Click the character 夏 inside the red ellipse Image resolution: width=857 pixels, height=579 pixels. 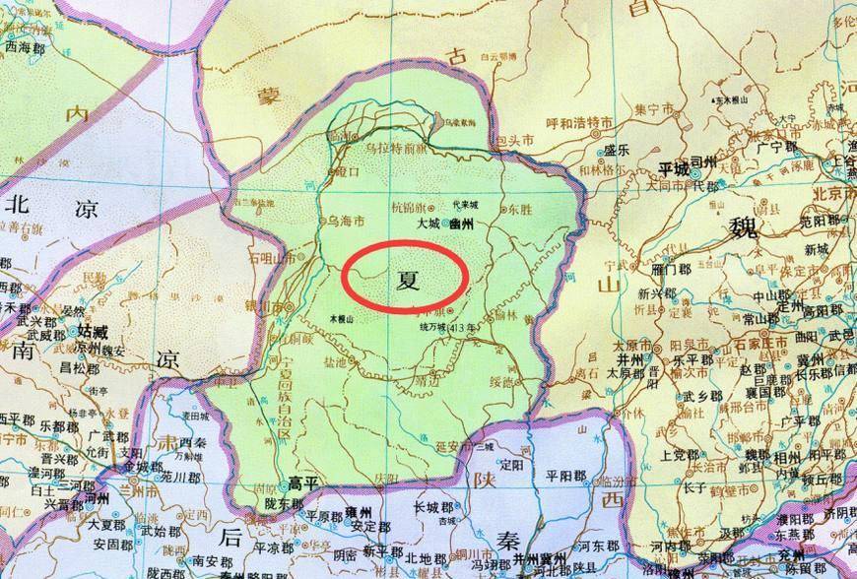tap(406, 278)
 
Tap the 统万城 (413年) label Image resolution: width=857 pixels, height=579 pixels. tap(448, 328)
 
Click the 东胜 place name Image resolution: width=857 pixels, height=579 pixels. tap(516, 210)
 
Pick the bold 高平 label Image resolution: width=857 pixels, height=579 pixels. tap(303, 482)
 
